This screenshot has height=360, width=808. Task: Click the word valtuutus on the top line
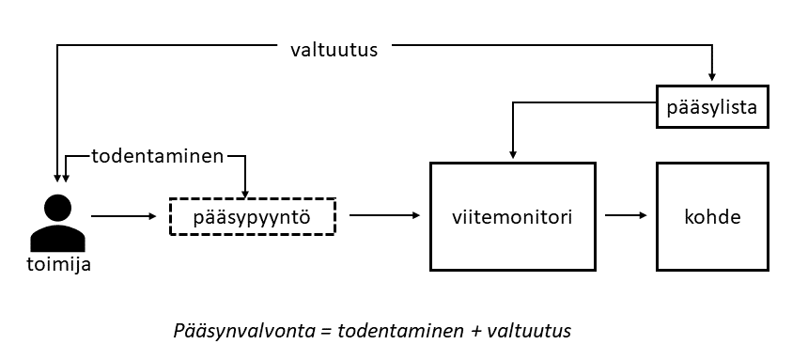click(x=334, y=50)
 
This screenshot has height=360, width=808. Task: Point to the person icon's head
click(x=57, y=209)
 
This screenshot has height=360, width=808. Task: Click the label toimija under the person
click(x=59, y=264)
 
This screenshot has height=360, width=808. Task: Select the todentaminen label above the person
click(x=158, y=156)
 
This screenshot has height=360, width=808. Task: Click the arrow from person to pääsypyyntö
click(x=124, y=216)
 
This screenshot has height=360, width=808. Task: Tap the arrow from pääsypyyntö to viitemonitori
click(x=385, y=215)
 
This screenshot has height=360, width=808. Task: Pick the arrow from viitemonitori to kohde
click(x=626, y=215)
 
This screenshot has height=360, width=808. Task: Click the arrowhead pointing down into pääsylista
click(x=712, y=76)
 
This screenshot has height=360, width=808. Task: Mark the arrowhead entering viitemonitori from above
click(x=513, y=154)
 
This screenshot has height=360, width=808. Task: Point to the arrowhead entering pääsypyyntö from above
click(x=245, y=194)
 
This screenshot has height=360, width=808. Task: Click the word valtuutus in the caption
click(x=529, y=331)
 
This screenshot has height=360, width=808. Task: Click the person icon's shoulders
click(x=57, y=239)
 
